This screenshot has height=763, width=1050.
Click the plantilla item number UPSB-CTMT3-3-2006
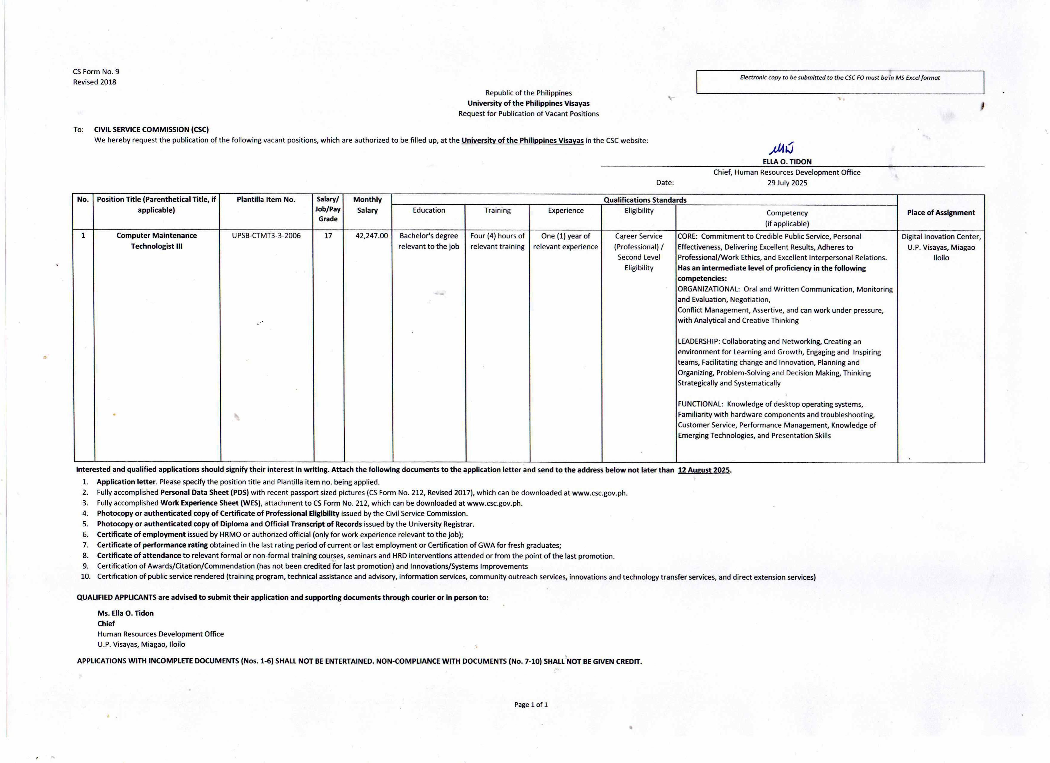[266, 236]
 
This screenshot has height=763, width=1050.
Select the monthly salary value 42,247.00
[371, 236]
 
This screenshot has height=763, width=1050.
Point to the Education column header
[429, 210]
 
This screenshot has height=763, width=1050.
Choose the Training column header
[497, 210]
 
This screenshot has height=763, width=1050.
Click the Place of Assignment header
[941, 212]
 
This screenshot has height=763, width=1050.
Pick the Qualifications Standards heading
[645, 200]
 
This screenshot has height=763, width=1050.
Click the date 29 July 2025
[787, 183]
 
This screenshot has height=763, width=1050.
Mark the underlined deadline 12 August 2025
[704, 470]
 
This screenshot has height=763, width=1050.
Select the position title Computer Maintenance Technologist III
[156, 241]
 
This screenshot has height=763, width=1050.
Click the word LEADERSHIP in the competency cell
[698, 341]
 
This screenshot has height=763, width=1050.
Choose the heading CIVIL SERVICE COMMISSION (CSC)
[151, 130]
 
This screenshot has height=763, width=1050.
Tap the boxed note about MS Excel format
[840, 78]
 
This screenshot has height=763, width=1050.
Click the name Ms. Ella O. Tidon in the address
[125, 613]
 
